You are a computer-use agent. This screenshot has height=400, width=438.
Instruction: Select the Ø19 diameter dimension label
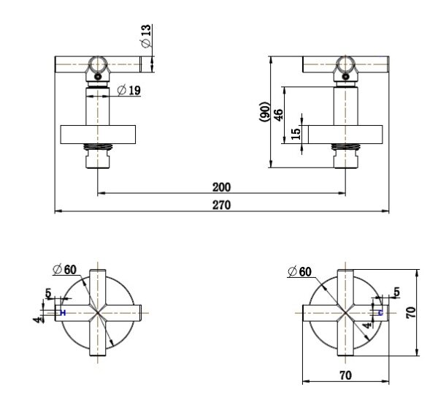[x=130, y=90]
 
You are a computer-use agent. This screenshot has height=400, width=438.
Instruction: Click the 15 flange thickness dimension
[x=296, y=135]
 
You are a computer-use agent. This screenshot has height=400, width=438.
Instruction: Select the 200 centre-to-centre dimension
[x=222, y=187]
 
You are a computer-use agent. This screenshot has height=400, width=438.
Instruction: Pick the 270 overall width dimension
[x=222, y=205]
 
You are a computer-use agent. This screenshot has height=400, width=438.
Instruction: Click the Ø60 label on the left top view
[x=64, y=269]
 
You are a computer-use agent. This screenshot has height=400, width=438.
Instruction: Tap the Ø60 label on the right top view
[x=299, y=272]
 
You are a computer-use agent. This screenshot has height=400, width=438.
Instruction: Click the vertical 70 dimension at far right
[x=410, y=312]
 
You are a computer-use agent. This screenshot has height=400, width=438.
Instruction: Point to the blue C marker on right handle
[x=380, y=312]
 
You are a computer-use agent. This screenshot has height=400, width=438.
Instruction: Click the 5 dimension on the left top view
[x=48, y=294]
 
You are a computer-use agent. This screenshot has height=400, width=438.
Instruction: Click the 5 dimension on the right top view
[x=396, y=293]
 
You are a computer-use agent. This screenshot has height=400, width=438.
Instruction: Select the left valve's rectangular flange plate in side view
[x=98, y=135]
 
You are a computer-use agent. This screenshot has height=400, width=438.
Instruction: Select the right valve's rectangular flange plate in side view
[x=345, y=135]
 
